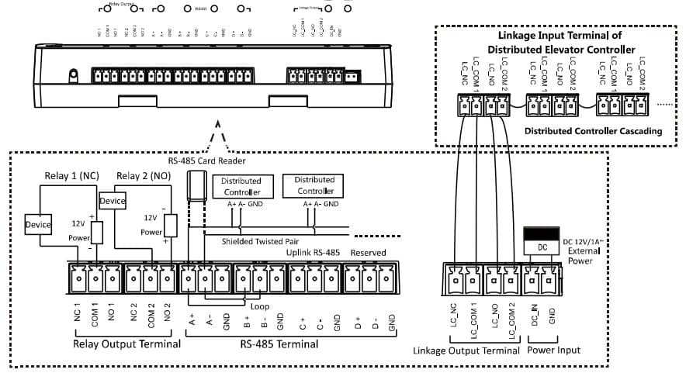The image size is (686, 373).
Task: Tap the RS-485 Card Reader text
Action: tap(206, 161)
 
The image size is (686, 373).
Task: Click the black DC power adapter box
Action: tap(542, 234)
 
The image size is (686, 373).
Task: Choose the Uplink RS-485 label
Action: tap(314, 254)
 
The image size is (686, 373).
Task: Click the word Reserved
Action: tap(368, 254)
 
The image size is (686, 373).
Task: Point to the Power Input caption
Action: tap(553, 351)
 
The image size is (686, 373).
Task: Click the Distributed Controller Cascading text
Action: tap(593, 131)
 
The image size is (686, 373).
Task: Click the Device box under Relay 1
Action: tap(37, 225)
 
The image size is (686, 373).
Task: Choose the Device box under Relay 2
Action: tap(113, 201)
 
